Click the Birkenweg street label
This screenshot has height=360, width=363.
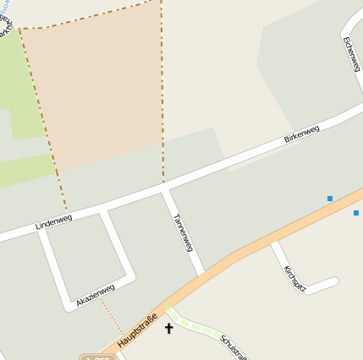(302, 133)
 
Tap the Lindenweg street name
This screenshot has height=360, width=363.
(54, 222)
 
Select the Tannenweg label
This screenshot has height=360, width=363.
(183, 232)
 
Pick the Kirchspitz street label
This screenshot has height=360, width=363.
(294, 279)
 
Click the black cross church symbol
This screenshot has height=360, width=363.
(168, 327)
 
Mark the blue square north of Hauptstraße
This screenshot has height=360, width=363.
(330, 199)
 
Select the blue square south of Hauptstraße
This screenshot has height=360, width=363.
(356, 213)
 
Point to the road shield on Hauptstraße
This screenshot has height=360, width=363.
(100, 357)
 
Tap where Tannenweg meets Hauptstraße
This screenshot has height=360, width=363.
(202, 272)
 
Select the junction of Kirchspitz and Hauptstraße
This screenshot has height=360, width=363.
(273, 243)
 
